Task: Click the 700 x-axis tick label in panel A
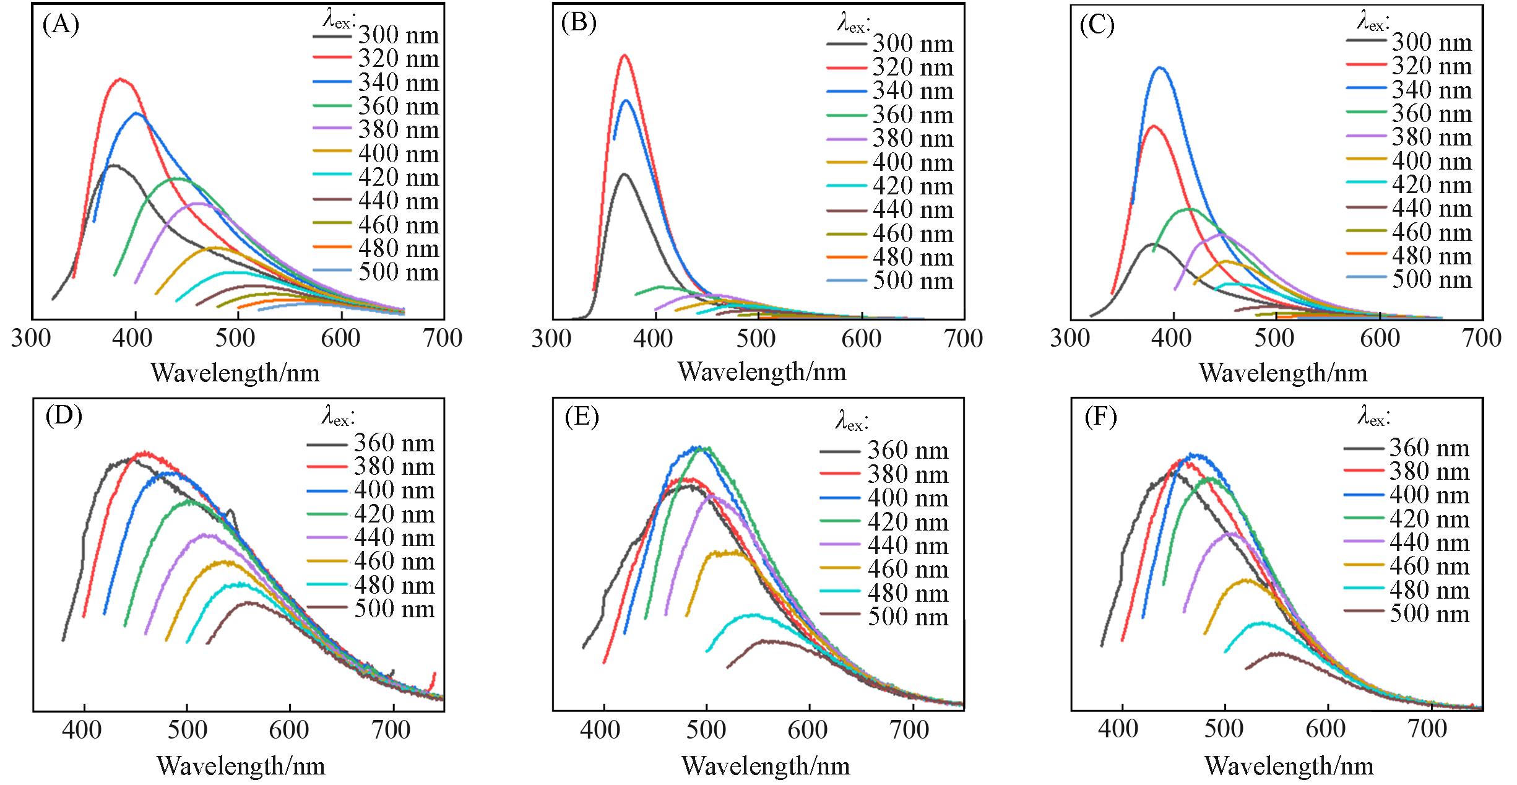pyautogui.click(x=444, y=339)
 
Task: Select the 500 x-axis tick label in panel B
pyautogui.click(x=758, y=339)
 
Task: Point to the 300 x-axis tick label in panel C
pyautogui.click(x=1070, y=339)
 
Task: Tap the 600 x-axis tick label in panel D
pyautogui.click(x=288, y=730)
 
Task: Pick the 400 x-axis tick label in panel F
pyautogui.click(x=1120, y=729)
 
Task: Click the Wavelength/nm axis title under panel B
pyautogui.click(x=762, y=371)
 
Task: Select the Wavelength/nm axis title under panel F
pyautogui.click(x=1289, y=766)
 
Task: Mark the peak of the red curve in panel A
pyautogui.click(x=120, y=79)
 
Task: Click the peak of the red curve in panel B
pyautogui.click(x=625, y=55)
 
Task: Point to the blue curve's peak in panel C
pyautogui.click(x=1160, y=67)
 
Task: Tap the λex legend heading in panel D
pyautogui.click(x=338, y=418)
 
